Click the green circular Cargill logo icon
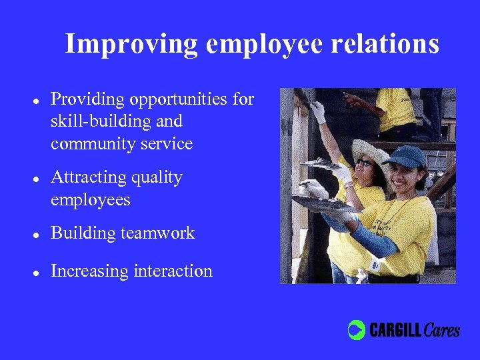point(357,329)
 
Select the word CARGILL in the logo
point(395,329)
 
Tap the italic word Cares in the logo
point(441,329)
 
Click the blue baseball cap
point(405,157)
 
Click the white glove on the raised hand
point(318,111)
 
